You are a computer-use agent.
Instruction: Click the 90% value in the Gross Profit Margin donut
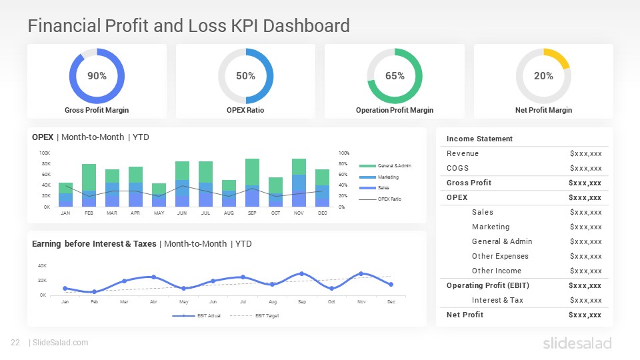point(97,76)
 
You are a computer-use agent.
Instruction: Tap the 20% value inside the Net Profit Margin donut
point(543,76)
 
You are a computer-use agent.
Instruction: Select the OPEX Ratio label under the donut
point(245,110)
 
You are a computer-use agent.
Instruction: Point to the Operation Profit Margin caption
point(394,110)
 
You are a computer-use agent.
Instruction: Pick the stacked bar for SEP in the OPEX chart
point(252,183)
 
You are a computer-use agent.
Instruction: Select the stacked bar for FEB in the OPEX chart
point(89,185)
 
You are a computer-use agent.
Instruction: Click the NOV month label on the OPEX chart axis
point(299,213)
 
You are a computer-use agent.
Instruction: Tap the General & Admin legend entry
point(393,165)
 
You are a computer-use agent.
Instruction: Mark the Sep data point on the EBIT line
point(301,273)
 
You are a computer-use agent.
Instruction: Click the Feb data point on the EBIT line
point(94,291)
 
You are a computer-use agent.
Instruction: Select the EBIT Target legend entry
point(265,315)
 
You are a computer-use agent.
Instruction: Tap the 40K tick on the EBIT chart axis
point(41,266)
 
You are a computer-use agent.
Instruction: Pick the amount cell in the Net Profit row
point(585,315)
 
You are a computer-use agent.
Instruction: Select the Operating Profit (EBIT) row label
point(487,285)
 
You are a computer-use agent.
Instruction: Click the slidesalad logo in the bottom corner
point(577,343)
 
